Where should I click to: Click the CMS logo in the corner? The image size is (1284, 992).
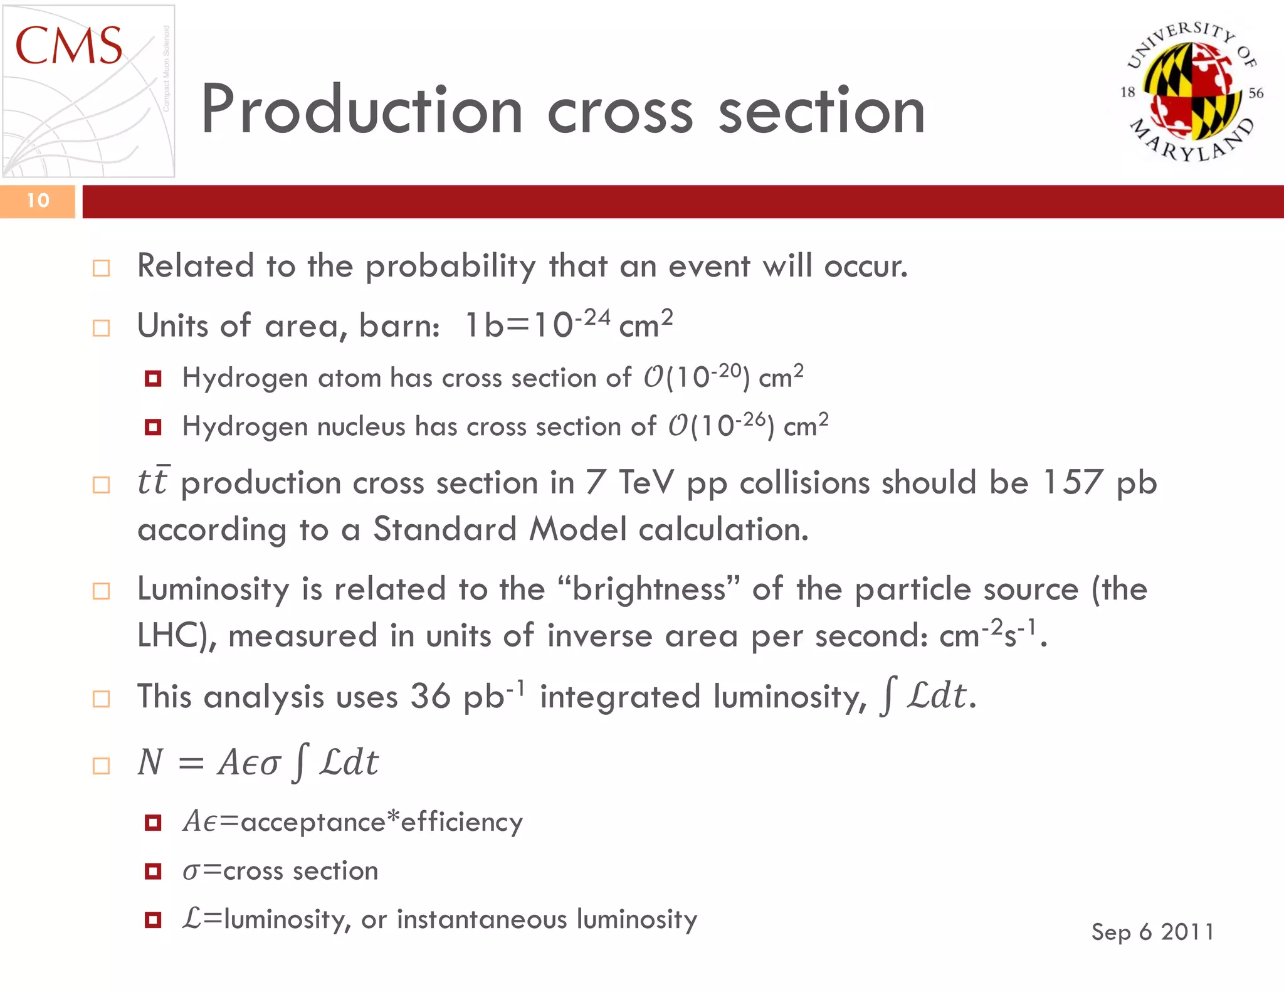pos(88,91)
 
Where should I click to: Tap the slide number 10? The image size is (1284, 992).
pos(38,201)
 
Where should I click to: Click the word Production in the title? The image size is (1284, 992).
pos(362,110)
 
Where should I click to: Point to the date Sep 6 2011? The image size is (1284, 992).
pos(1152,932)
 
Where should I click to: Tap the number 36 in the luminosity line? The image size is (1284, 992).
pos(430,697)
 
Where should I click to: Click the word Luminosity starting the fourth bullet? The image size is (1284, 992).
pos(213,589)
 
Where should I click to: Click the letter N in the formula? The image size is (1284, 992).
pos(150,763)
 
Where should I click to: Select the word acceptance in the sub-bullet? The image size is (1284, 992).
pos(312,822)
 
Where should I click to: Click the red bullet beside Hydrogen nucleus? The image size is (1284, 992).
pos(153,428)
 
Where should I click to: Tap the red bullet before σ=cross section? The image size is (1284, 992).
pos(153,871)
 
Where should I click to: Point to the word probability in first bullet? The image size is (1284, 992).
pos(450,267)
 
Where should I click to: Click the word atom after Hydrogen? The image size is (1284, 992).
pos(349,378)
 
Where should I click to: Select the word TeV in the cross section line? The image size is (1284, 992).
pos(646,483)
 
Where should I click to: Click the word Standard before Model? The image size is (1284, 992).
pos(445,529)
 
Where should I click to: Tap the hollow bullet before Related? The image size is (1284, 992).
pos(101,268)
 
